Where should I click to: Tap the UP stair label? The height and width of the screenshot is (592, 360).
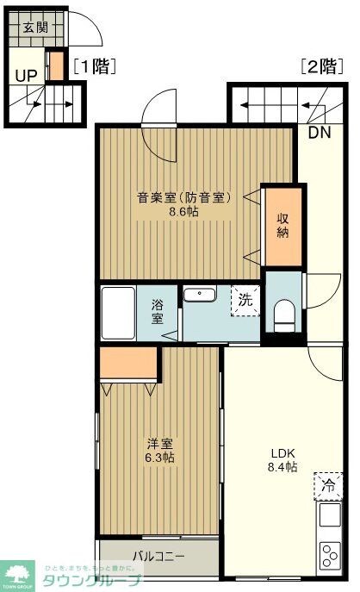24,74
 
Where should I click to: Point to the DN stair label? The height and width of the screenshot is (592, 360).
320,132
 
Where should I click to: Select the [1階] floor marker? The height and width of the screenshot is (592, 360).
94,65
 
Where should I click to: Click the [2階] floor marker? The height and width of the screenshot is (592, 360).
320,65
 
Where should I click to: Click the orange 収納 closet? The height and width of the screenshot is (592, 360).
282,225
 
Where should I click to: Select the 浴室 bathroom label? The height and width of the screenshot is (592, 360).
158,310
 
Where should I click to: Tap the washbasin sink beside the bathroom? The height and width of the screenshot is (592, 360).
200,296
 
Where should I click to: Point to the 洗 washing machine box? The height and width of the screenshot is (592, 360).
245,301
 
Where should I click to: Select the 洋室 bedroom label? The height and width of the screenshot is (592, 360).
158,443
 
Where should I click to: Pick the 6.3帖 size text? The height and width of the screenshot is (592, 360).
158,458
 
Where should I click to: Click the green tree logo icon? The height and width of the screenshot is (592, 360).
16,572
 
